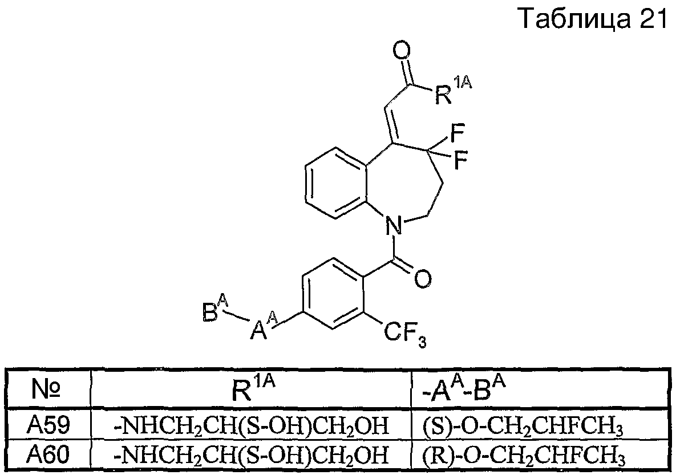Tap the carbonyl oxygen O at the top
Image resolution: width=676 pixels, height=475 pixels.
[402, 52]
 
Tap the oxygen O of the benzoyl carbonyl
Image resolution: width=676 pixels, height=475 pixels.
[422, 279]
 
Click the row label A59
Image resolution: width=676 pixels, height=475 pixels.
[48, 425]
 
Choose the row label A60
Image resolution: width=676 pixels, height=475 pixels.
[48, 454]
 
